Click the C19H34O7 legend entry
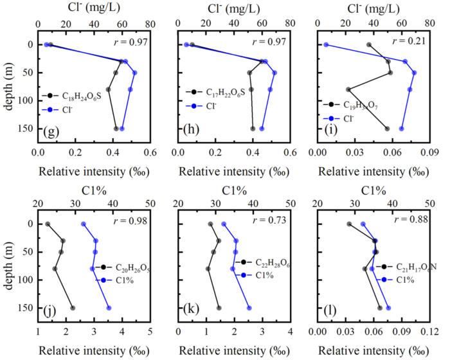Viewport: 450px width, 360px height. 359,104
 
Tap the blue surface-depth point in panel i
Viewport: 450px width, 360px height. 326,45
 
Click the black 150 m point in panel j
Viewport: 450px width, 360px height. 73,309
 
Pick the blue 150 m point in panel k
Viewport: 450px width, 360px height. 249,309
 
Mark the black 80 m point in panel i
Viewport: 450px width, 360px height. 348,89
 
